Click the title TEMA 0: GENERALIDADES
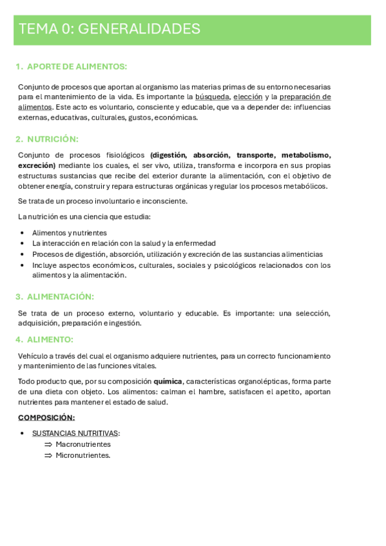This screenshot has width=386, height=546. [x=110, y=29]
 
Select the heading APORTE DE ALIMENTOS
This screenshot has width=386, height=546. [x=77, y=66]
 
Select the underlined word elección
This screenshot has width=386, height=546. [x=247, y=97]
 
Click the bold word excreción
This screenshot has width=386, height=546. [x=36, y=165]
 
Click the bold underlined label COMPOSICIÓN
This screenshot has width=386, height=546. [x=46, y=417]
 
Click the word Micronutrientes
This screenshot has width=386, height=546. [x=83, y=455]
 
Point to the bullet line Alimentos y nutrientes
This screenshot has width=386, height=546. [x=70, y=232]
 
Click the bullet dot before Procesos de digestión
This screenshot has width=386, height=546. [x=23, y=254]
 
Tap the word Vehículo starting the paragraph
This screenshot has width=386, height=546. [x=34, y=355]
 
